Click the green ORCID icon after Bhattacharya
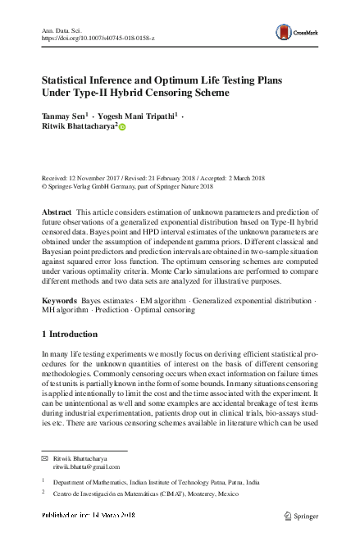pyautogui.click(x=124, y=128)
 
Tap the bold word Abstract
pyautogui.click(x=57, y=212)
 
